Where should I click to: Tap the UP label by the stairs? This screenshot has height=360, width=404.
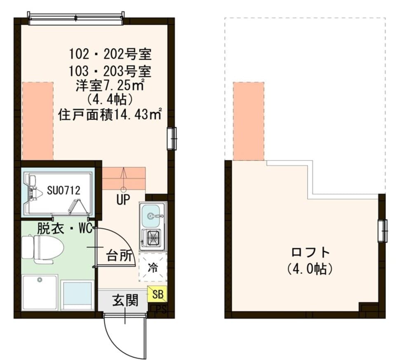click(123, 200)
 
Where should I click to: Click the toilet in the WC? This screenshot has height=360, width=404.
click(43, 249)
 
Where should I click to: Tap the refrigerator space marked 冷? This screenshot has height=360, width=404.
click(153, 267)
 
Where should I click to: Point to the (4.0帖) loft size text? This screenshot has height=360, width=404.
click(310, 269)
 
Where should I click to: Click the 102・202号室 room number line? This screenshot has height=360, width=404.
click(110, 54)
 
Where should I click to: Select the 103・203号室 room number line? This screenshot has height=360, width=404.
click(110, 71)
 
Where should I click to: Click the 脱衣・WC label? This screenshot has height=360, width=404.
click(64, 228)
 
